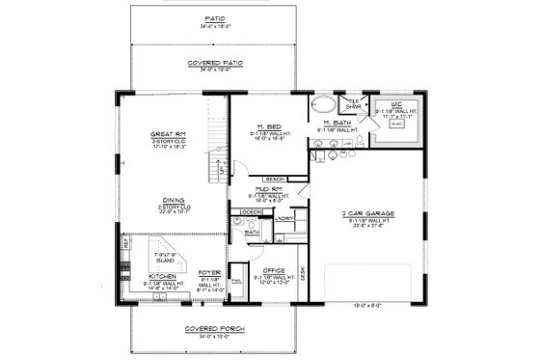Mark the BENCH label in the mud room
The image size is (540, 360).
(x=275, y=179)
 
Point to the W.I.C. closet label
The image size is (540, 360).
(x=393, y=103)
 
